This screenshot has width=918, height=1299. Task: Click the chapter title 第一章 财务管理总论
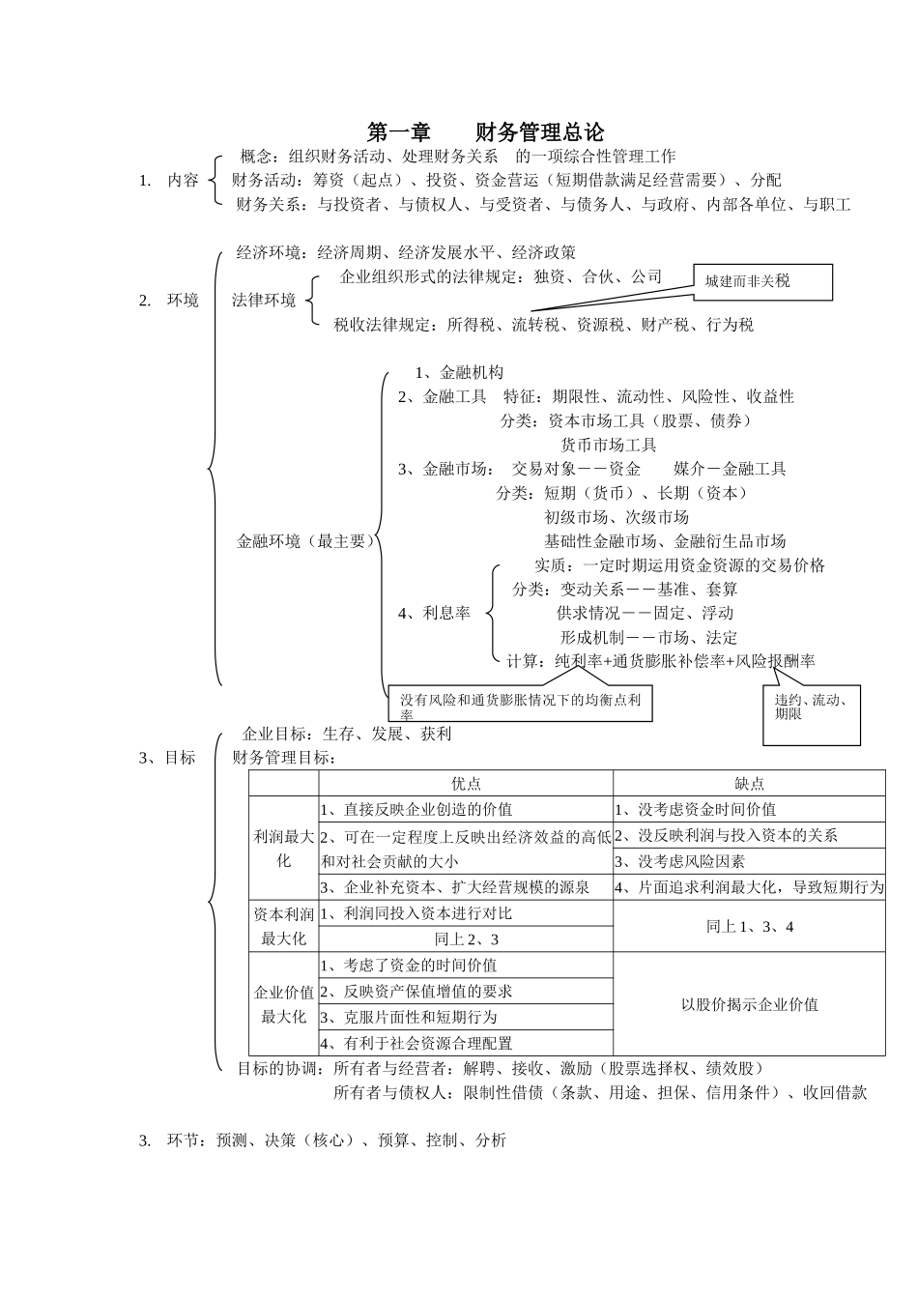click(485, 132)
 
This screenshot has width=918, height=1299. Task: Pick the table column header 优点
click(466, 784)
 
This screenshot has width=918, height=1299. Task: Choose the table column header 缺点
click(749, 784)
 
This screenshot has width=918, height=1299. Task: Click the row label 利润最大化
click(283, 849)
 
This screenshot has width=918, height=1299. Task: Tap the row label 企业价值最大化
click(283, 1004)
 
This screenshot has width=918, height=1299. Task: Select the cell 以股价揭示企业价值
click(749, 1004)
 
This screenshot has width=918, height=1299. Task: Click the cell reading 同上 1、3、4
click(749, 926)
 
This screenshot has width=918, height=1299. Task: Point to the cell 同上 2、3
click(466, 939)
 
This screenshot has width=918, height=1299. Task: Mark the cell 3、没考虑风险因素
click(679, 861)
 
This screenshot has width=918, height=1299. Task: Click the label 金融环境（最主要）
click(305, 541)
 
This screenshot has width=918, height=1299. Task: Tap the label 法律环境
click(264, 301)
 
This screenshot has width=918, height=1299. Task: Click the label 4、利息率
click(434, 613)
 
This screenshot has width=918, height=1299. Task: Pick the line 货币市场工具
click(608, 445)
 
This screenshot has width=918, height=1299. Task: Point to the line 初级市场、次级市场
click(616, 517)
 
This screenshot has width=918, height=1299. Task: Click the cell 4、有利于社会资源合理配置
click(416, 1044)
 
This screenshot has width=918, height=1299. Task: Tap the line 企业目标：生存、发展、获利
click(347, 734)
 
